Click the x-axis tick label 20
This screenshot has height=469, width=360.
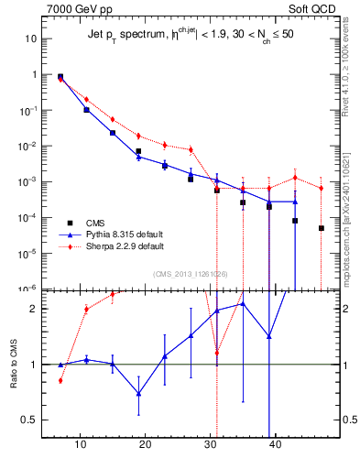click(x=145, y=446)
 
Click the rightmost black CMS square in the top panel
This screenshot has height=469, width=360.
click(x=322, y=228)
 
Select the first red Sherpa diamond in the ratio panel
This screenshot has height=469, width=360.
click(x=60, y=380)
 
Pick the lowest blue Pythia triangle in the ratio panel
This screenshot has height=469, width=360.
click(x=138, y=393)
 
